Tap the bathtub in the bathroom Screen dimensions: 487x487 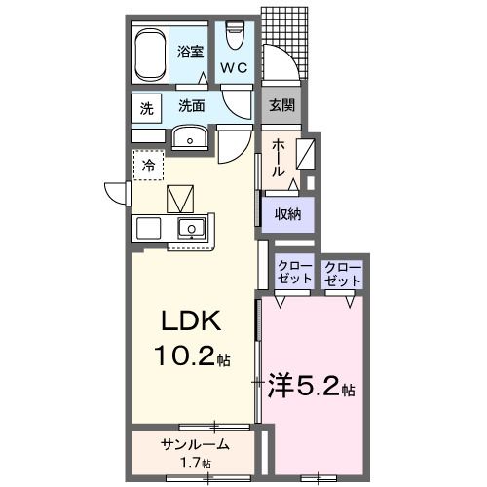click(151, 54)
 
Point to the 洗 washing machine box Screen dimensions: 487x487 click(145, 109)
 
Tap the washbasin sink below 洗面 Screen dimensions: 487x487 click(190, 139)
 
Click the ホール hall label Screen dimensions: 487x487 click(279, 156)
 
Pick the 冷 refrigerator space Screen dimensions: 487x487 click(148, 167)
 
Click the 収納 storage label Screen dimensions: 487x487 click(285, 213)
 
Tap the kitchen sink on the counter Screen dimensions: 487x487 click(191, 231)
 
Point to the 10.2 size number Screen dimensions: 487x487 click(185, 357)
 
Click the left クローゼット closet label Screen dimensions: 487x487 click(294, 272)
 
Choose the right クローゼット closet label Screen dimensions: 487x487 click(343, 272)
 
